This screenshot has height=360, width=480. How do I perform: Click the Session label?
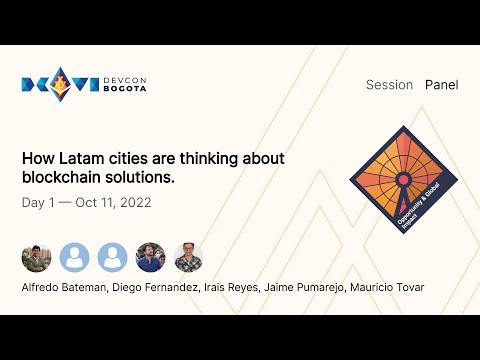point(389,85)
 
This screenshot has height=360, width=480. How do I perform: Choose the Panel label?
point(441,85)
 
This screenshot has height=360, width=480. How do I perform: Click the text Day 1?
point(39,202)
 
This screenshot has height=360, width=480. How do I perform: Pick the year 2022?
point(141,202)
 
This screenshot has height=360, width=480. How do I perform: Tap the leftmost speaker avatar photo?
point(36,257)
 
